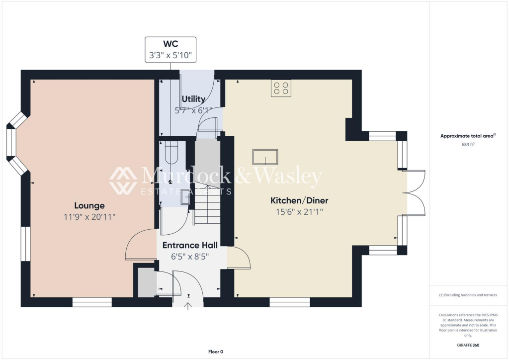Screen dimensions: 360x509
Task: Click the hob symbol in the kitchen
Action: [281, 89]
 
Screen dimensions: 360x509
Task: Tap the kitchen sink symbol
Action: [265, 157]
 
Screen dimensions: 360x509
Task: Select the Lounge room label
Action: [89, 205]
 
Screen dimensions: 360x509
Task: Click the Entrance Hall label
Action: [189, 245]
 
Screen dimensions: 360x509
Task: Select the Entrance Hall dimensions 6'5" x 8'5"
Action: [189, 257]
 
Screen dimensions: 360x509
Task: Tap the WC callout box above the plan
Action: [170, 49]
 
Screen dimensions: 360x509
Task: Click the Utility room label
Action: [194, 99]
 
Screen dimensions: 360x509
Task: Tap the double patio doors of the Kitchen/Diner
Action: [416, 193]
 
